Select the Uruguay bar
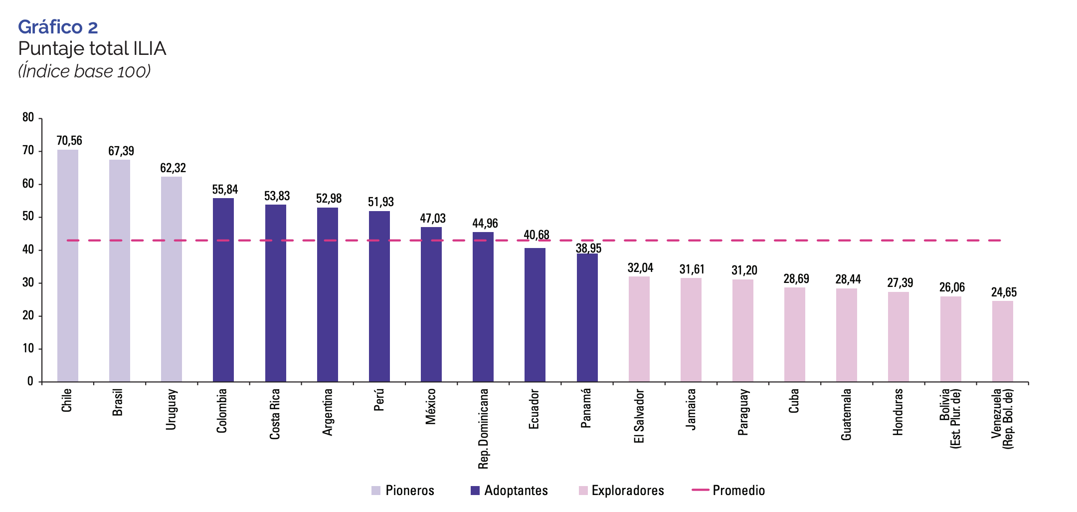click(172, 279)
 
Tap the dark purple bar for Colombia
click(223, 289)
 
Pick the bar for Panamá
click(587, 317)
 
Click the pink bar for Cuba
click(795, 334)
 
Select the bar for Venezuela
click(1002, 341)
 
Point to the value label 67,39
click(121, 151)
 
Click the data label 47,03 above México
click(433, 218)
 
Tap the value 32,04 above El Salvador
click(640, 268)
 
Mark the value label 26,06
click(952, 287)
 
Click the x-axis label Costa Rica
click(275, 414)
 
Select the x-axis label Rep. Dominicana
click(483, 429)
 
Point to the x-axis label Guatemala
click(846, 414)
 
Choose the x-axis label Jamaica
click(691, 409)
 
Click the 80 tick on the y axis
click(28, 118)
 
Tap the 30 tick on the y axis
click(28, 283)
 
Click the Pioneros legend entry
click(403, 491)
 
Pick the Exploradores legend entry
click(622, 491)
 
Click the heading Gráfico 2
click(58, 27)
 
